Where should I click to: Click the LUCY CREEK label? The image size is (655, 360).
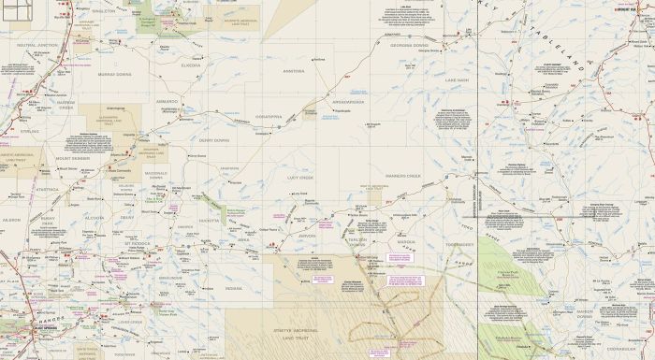[x=298, y=176]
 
